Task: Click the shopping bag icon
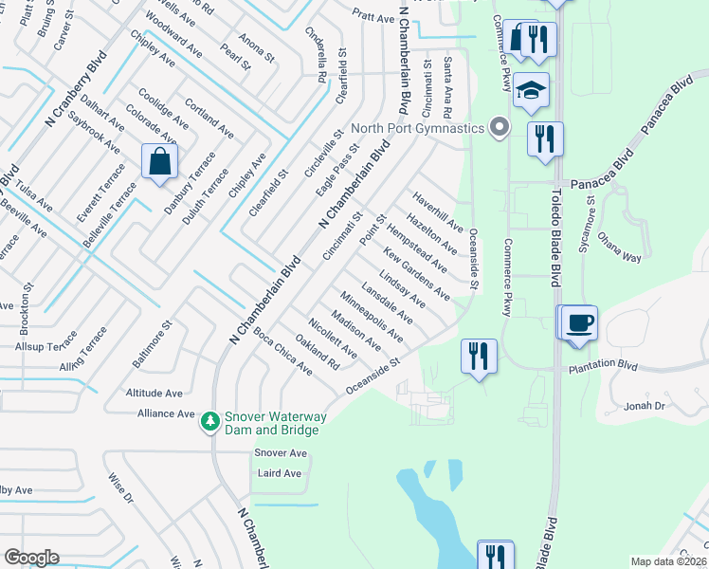[x=159, y=161]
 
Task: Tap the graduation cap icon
[x=532, y=91]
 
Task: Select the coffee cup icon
[x=578, y=322]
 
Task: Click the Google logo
[x=31, y=558]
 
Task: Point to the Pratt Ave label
[x=373, y=17]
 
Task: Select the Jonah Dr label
[x=646, y=406]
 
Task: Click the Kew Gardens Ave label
[x=417, y=274]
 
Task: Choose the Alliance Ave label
[x=166, y=413]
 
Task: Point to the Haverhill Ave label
[x=436, y=211]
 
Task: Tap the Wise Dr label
[x=121, y=487]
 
